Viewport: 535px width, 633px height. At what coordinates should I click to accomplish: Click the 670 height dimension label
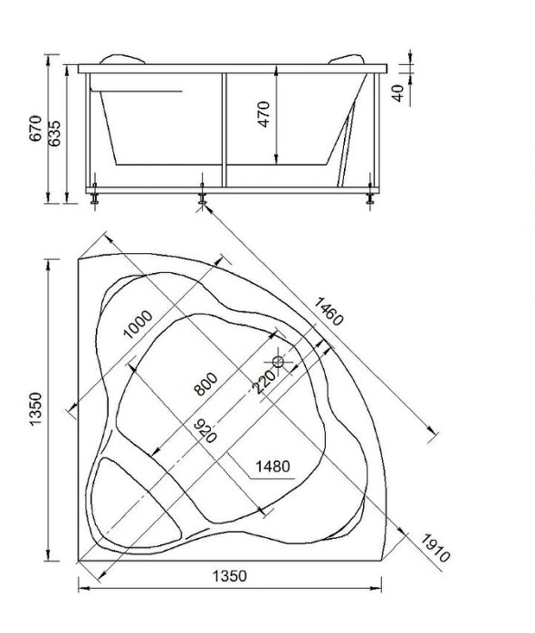(x=35, y=128)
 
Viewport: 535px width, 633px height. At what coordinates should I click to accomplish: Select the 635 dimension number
(x=53, y=133)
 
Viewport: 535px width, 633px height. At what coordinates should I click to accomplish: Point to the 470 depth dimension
(x=263, y=114)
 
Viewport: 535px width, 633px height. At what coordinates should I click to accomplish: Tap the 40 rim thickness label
(x=398, y=93)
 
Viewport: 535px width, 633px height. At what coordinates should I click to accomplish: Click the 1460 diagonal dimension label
(x=329, y=311)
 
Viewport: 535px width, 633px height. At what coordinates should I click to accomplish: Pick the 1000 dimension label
(x=138, y=324)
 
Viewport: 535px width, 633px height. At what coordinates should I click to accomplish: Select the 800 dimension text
(x=205, y=383)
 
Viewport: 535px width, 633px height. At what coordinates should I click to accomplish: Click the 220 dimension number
(x=263, y=382)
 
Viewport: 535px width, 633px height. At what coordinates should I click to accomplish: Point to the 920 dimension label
(x=205, y=431)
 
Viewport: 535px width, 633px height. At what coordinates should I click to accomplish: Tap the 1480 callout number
(x=272, y=467)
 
